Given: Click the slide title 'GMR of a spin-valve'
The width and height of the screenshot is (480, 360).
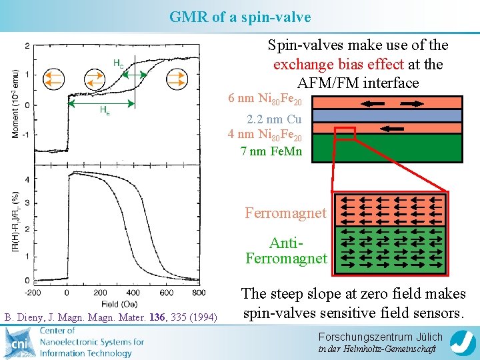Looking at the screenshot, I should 239,17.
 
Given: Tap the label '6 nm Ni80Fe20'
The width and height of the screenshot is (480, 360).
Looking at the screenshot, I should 265,99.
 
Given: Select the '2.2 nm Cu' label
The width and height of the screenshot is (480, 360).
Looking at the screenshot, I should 274,120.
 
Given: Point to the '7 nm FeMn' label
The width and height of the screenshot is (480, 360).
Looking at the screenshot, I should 271,151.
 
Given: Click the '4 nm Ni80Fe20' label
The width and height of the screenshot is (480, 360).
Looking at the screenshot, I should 265,136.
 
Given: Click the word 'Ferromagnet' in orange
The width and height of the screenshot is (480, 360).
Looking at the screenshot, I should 286,213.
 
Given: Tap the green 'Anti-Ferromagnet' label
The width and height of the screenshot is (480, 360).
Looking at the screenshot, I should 286,250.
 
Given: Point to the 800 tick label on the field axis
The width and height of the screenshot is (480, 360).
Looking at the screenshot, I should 199,293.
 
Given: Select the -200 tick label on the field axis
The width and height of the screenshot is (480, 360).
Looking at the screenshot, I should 32,293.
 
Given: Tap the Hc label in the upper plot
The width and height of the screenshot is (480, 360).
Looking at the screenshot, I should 118,63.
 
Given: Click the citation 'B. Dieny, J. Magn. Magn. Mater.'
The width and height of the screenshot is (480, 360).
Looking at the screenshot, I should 111,315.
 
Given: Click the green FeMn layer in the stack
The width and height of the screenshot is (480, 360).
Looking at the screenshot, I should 387,148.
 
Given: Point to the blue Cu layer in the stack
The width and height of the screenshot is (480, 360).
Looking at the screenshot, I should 387,115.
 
